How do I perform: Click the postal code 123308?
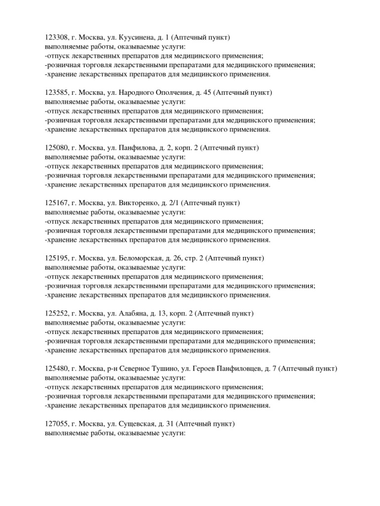[56, 38]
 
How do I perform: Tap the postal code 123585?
[56, 93]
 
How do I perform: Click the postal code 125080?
[56, 148]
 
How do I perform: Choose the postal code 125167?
[56, 203]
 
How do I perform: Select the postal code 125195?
[56, 258]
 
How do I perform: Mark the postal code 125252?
[56, 314]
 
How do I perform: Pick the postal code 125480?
[56, 369]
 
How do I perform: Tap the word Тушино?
[171, 369]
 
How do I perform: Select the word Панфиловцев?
[240, 369]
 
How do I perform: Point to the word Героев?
[205, 369]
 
